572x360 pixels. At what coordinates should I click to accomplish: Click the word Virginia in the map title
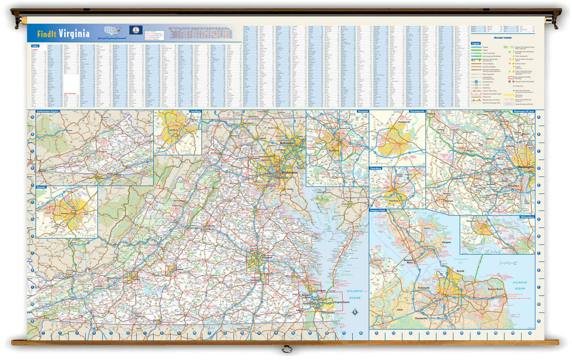tap(74, 34)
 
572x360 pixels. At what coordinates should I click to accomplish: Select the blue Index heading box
tap(35, 46)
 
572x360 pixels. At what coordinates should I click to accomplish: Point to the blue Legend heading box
tap(477, 43)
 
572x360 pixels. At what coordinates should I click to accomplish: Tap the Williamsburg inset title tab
tap(523, 218)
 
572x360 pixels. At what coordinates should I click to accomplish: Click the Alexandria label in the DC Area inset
tap(513, 185)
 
